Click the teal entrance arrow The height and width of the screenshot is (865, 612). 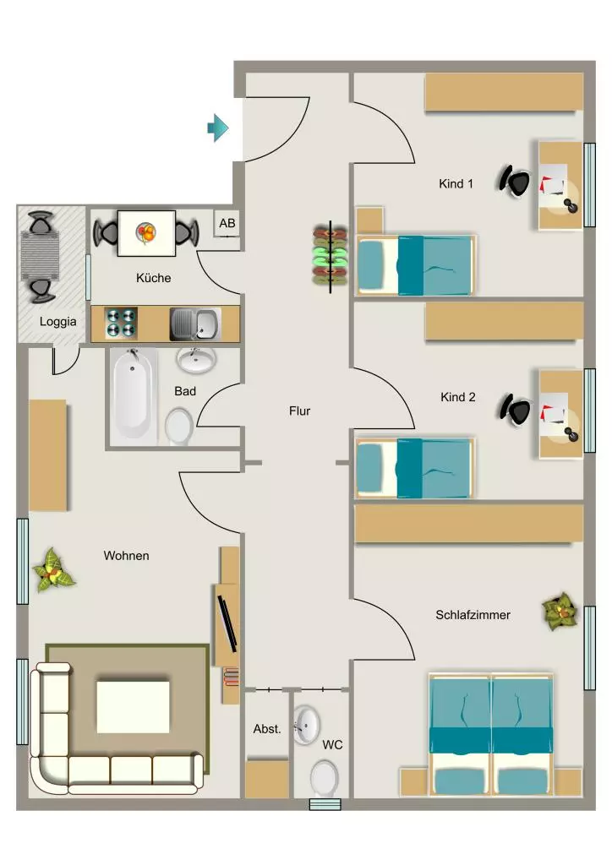pyautogui.click(x=218, y=128)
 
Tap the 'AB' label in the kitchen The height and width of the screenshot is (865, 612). pyautogui.click(x=227, y=223)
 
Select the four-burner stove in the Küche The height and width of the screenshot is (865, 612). pyautogui.click(x=122, y=323)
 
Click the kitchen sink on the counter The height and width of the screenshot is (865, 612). pyautogui.click(x=194, y=324)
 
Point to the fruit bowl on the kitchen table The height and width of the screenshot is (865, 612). pyautogui.click(x=146, y=233)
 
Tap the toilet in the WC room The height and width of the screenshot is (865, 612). pyautogui.click(x=324, y=778)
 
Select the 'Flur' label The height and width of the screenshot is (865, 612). pyautogui.click(x=299, y=411)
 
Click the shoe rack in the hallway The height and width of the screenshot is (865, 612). pyautogui.click(x=331, y=256)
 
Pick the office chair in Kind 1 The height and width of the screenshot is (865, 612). pyautogui.click(x=515, y=181)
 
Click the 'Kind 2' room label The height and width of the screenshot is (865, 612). pyautogui.click(x=457, y=397)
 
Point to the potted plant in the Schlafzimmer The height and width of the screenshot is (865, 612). pyautogui.click(x=560, y=612)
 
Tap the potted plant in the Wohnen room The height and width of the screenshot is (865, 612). pyautogui.click(x=52, y=571)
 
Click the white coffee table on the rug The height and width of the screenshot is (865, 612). pyautogui.click(x=133, y=707)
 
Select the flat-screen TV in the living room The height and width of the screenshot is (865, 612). pyautogui.click(x=227, y=623)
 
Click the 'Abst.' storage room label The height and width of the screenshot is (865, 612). pyautogui.click(x=267, y=729)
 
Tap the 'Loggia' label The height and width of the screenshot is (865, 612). pyautogui.click(x=58, y=322)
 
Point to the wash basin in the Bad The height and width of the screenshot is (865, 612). pyautogui.click(x=196, y=360)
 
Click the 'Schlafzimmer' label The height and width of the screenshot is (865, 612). pyautogui.click(x=473, y=615)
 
